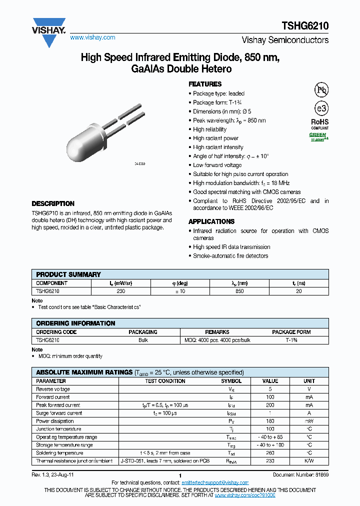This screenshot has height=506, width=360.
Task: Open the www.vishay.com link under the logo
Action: click(x=92, y=37)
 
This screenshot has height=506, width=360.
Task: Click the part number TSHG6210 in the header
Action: click(x=308, y=25)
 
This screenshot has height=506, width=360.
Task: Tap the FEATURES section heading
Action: click(x=204, y=84)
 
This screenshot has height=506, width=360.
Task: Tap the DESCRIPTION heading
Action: click(x=53, y=203)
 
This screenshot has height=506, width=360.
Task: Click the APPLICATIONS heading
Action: click(x=211, y=221)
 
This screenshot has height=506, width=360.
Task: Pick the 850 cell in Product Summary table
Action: click(x=239, y=290)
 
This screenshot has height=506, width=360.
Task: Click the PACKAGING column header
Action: click(x=143, y=331)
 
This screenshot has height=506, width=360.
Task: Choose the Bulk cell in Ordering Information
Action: click(x=143, y=339)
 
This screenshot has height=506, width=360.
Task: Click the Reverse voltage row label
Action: click(x=53, y=389)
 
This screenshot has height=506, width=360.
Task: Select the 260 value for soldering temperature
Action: click(x=270, y=453)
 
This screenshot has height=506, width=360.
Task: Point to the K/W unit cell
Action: click(x=309, y=461)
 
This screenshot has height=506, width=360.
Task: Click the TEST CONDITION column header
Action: click(x=165, y=381)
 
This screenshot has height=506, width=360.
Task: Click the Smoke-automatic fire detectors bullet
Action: click(x=230, y=256)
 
